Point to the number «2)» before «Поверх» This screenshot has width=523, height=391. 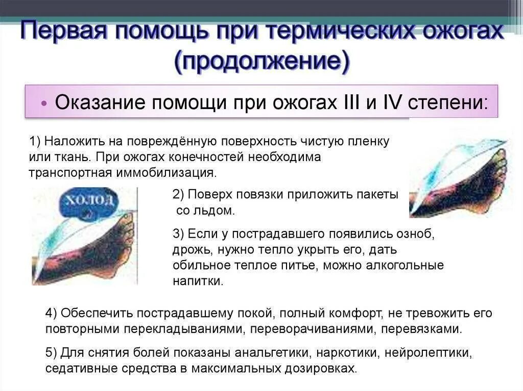pos(178,194)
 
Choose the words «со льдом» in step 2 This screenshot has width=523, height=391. pos(206,211)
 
